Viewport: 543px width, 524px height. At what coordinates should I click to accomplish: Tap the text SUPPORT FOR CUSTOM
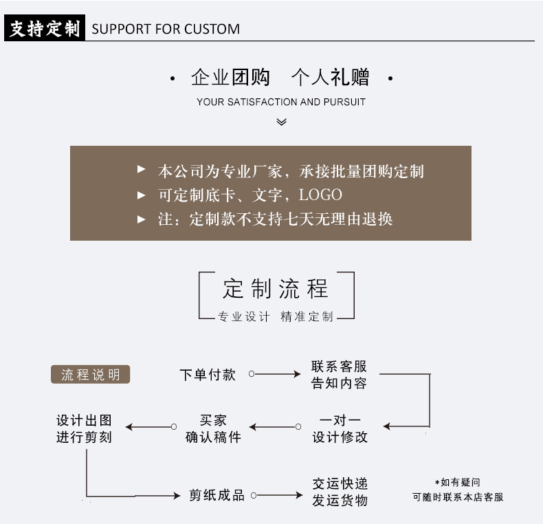(166, 30)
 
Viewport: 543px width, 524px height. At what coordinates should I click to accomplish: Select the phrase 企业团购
(230, 77)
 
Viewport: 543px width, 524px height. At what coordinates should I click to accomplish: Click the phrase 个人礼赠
(330, 77)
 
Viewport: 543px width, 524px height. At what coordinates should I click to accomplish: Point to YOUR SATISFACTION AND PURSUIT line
(280, 102)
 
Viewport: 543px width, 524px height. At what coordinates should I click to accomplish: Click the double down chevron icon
(281, 122)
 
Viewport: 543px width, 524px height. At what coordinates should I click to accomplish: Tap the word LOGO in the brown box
(320, 195)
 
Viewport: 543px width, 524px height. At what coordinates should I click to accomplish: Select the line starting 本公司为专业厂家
(291, 171)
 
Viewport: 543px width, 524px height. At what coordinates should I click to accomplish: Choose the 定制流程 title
(276, 289)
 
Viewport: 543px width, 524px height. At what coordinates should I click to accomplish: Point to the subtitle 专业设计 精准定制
(276, 317)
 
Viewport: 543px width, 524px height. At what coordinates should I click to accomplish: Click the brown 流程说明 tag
(90, 375)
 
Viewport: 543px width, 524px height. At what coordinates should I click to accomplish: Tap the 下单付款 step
(208, 375)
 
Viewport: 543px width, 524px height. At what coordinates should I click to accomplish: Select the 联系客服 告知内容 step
(339, 375)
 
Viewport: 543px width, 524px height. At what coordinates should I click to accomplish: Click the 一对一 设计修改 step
(340, 428)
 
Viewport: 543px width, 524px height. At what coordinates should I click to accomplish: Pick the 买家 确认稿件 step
(213, 428)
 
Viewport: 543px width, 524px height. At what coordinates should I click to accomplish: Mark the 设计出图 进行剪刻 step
(84, 428)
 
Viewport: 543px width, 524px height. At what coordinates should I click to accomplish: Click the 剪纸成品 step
(217, 495)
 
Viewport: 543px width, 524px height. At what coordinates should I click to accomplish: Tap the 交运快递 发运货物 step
(340, 492)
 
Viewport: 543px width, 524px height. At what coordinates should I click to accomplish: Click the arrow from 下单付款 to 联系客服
(275, 374)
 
